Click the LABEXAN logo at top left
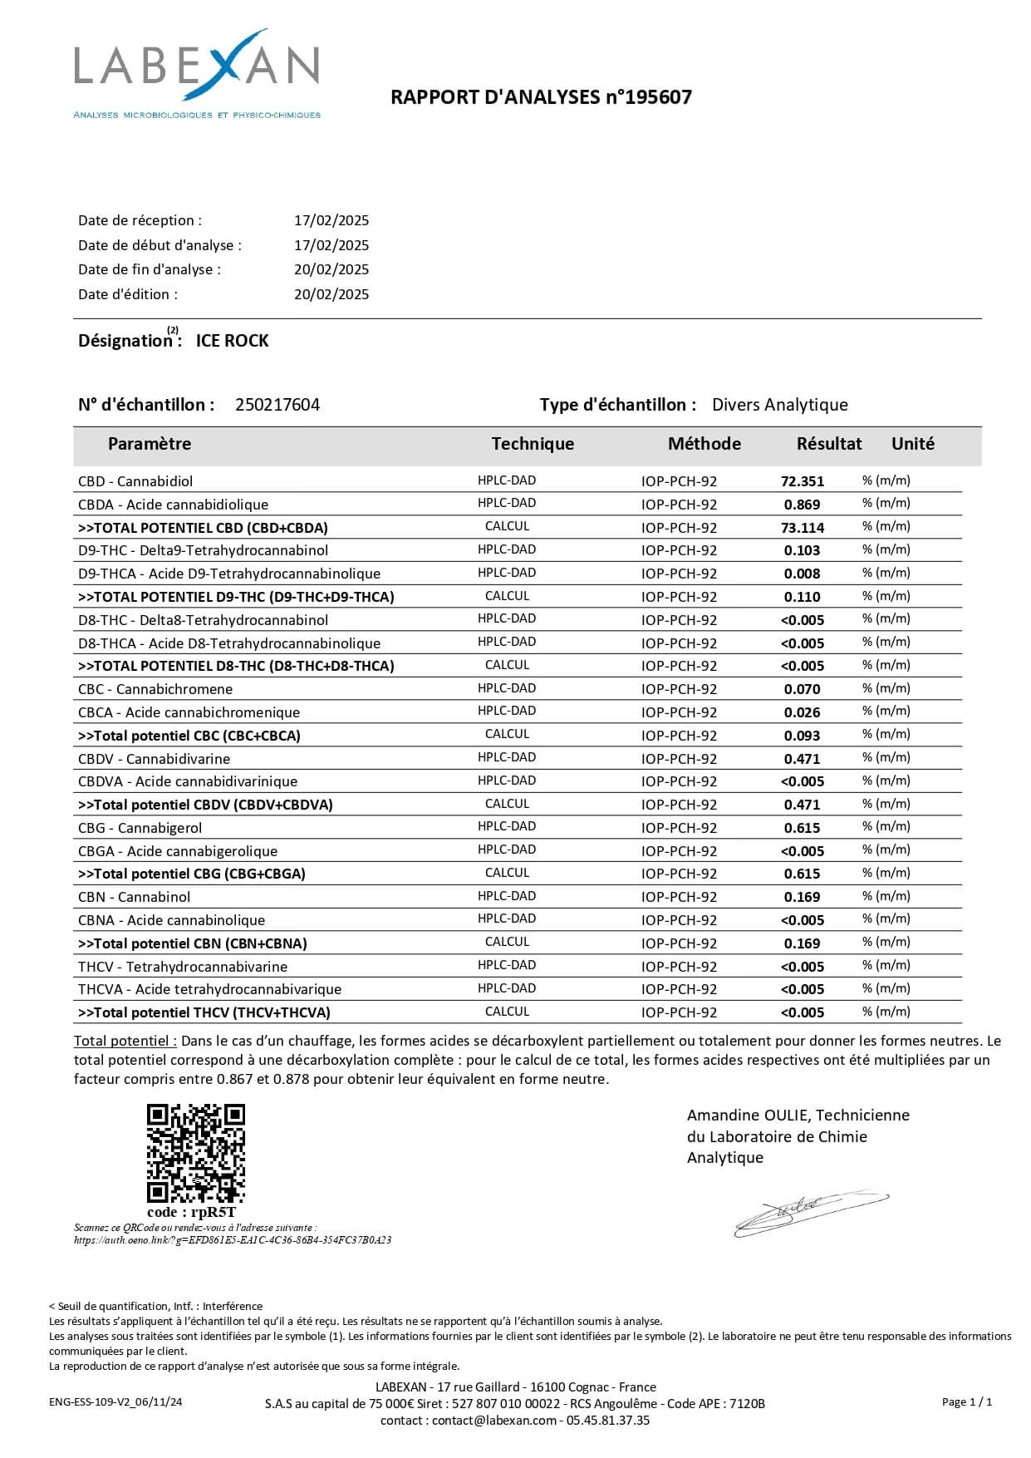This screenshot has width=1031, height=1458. tap(197, 73)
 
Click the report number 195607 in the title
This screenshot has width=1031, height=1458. tap(660, 97)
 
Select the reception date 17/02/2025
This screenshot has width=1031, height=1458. tap(331, 220)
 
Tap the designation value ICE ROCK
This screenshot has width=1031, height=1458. tap(232, 341)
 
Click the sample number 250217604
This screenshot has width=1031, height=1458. tap(277, 405)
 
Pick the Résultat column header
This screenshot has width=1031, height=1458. tap(828, 444)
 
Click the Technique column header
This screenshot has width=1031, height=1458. tap(533, 444)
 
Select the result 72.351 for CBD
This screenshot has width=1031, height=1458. tap(802, 481)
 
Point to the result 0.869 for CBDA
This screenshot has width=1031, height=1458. tap(802, 505)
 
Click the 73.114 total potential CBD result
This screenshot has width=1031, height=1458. tap(802, 528)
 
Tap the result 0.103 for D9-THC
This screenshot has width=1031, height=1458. tap(802, 550)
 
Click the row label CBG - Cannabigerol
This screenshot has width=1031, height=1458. tap(140, 828)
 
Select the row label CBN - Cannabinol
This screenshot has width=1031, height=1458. tap(134, 897)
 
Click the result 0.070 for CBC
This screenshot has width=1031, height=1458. tap(802, 689)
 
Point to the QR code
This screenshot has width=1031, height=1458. tap(196, 1153)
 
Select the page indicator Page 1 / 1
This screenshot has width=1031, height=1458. tap(967, 1401)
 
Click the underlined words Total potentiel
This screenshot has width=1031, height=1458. tap(125, 1041)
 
